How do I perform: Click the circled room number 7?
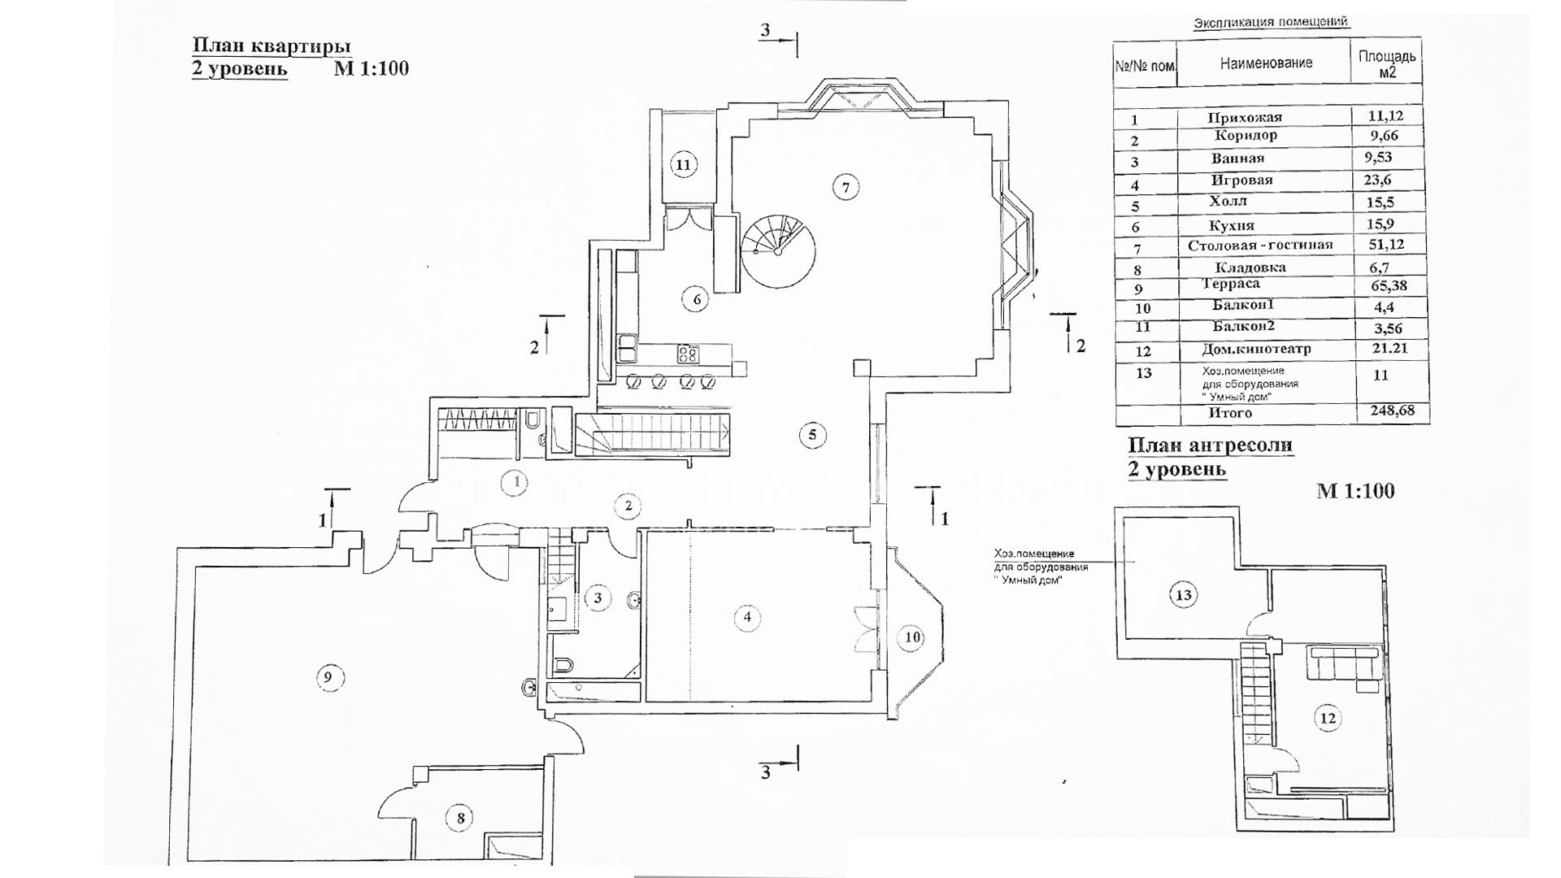click(x=846, y=188)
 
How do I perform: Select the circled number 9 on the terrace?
click(x=328, y=676)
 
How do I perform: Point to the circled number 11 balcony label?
click(x=683, y=165)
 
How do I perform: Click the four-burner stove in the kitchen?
click(x=688, y=354)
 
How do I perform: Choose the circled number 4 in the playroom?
click(x=747, y=617)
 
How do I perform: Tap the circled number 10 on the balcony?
click(x=912, y=637)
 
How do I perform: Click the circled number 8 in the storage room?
click(x=460, y=818)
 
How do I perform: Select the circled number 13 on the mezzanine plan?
click(x=1184, y=595)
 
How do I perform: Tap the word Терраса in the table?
click(x=1231, y=284)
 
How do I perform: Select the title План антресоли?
click(x=1210, y=446)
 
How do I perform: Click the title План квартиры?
click(x=271, y=46)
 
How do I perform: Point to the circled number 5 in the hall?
click(x=812, y=434)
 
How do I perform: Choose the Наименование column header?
click(x=1266, y=63)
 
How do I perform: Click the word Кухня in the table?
click(x=1231, y=225)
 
